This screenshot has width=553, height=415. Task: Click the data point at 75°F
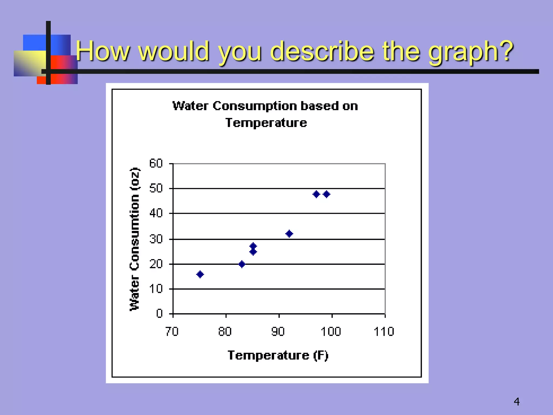(200, 275)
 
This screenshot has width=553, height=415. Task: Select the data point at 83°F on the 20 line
(242, 264)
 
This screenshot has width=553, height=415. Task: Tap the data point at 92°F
(289, 234)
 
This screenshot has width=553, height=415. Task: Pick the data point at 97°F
(316, 194)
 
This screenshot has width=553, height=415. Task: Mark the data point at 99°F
(326, 194)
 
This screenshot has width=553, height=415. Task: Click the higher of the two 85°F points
(253, 246)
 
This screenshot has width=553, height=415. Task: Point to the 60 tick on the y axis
(156, 163)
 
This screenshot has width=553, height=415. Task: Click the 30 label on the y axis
(156, 239)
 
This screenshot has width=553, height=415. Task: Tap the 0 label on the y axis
(160, 314)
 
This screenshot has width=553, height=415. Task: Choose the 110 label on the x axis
(384, 332)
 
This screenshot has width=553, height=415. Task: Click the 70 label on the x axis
(172, 332)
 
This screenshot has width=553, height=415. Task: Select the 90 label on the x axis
(278, 332)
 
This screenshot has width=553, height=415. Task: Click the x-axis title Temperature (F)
(278, 355)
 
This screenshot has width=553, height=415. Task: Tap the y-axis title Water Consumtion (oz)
(135, 239)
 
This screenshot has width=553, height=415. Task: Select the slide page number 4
(517, 402)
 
